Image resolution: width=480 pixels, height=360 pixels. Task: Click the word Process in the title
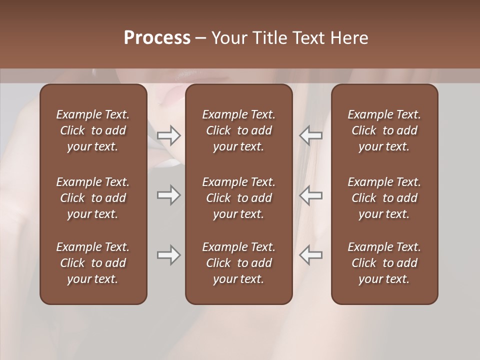coord(157,38)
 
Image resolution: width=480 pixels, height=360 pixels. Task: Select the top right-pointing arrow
coord(169,135)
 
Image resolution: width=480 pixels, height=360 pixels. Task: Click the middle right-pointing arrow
coord(169,195)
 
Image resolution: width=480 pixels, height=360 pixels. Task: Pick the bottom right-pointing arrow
coord(169,255)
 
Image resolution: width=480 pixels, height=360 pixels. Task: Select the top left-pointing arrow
coord(310,135)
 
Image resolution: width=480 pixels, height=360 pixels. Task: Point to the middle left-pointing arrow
coord(310,195)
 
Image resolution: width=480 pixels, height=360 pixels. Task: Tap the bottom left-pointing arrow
coord(310,255)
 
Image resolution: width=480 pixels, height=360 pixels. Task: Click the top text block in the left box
coord(93,130)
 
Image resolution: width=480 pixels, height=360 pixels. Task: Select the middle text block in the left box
coord(93,198)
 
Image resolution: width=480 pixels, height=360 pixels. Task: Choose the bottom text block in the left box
coord(93,263)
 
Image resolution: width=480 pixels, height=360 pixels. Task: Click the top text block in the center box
coord(238,130)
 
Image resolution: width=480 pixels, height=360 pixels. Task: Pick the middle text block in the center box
coord(238,198)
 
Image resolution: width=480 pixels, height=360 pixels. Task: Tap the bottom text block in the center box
coord(238,263)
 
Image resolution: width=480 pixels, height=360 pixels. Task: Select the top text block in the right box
coord(384,130)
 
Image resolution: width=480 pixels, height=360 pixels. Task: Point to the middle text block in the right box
coord(384,198)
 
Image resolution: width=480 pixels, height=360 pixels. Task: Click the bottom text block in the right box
coord(384,263)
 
